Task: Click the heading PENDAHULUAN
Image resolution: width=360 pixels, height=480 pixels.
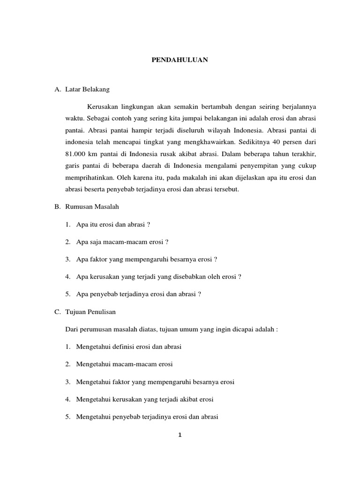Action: click(x=180, y=60)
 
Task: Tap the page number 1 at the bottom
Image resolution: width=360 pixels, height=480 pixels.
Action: click(x=180, y=435)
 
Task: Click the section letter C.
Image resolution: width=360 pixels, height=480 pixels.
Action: click(x=57, y=312)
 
